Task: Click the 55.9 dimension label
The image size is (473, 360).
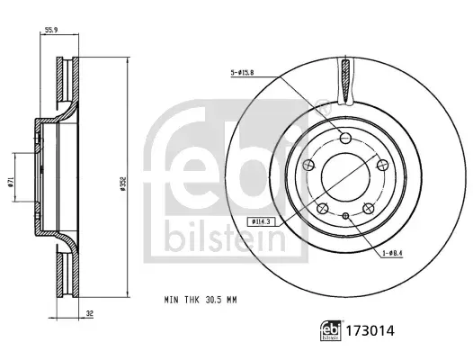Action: (x=51, y=30)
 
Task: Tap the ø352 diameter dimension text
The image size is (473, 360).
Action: (x=122, y=184)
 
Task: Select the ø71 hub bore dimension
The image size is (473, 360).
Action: (x=11, y=182)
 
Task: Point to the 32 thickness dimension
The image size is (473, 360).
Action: (x=90, y=314)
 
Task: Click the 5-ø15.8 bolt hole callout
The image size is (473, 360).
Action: (x=242, y=73)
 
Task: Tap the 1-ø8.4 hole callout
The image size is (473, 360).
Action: (x=393, y=254)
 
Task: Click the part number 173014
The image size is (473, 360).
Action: (x=370, y=331)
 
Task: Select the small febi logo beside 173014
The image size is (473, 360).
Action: (x=331, y=330)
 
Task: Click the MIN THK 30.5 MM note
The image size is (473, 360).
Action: (x=201, y=300)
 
